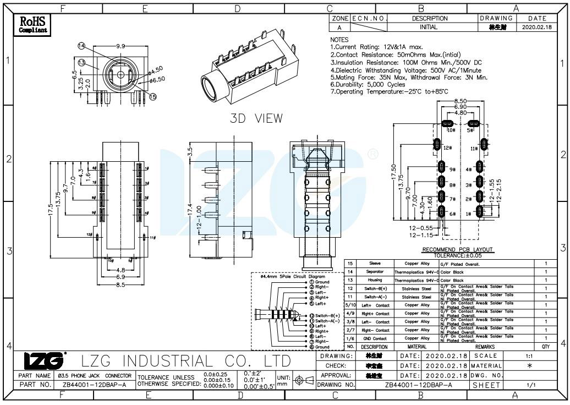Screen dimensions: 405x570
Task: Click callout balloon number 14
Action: pos(81,46)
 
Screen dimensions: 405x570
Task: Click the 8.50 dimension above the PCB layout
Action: pos(461,101)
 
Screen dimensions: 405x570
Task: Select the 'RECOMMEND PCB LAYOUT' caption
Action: pos(457,250)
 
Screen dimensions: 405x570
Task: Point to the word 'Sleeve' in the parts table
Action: pos(375,264)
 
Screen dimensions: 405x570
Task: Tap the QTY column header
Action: pos(546,347)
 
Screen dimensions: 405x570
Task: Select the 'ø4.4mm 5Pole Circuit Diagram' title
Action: pos(292,276)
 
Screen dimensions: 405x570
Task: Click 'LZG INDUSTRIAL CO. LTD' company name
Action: pos(186,361)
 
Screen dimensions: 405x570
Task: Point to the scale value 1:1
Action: pos(529,357)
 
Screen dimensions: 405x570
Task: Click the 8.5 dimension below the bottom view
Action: pos(119,284)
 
